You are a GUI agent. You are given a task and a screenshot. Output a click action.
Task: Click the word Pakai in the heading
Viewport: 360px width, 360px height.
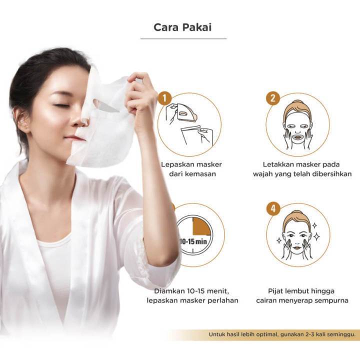[x=197, y=27]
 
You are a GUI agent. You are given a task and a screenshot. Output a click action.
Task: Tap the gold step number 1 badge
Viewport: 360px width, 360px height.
[x=165, y=98]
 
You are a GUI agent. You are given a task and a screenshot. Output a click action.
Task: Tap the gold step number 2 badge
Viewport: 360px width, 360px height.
[x=273, y=98]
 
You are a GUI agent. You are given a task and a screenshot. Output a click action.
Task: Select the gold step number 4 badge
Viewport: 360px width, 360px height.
[x=273, y=208]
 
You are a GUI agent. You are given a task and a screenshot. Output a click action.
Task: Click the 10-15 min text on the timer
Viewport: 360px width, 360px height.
[x=193, y=241]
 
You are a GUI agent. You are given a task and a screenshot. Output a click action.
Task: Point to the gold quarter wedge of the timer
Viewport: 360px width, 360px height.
[x=201, y=226]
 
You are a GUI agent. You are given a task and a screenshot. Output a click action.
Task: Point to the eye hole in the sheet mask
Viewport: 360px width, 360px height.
[x=106, y=106]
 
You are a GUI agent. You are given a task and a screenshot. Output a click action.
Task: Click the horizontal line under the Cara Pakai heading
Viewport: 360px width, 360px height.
[x=183, y=39]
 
